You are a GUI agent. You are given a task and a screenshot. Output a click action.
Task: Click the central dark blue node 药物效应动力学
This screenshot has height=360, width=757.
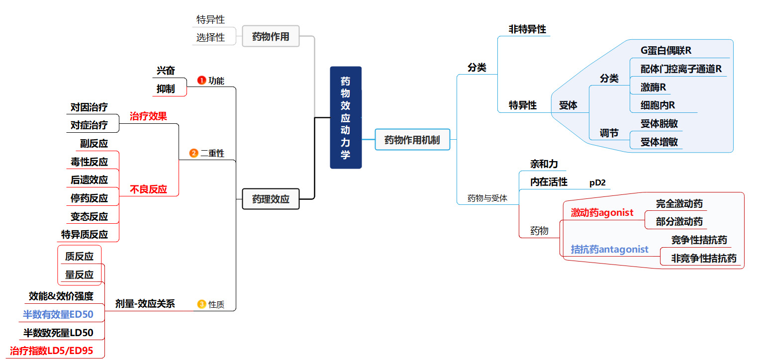pos(346,118)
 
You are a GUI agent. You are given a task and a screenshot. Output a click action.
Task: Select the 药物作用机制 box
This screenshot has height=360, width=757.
pos(412,140)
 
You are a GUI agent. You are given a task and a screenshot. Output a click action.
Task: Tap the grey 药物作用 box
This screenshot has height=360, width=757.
pos(271,36)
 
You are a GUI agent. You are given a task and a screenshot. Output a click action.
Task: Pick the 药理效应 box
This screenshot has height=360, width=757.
pos(271,199)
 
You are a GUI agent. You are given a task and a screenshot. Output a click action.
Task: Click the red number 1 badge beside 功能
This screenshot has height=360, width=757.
pos(201,80)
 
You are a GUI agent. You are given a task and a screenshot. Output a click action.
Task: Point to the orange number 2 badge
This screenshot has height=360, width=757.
pos(194,153)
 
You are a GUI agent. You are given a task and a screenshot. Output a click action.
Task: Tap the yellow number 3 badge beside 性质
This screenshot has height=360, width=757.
pos(201,304)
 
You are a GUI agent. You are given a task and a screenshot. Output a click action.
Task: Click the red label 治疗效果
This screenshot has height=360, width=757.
pos(148,116)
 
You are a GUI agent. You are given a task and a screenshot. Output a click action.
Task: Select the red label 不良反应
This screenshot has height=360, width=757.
pos(148,189)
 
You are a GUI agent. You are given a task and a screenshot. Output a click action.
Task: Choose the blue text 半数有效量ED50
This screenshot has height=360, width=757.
pos(58,314)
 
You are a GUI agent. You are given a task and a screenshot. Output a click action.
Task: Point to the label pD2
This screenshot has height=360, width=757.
pos(597,182)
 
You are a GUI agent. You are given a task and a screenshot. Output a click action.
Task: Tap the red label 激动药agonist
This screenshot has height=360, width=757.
pos(602,213)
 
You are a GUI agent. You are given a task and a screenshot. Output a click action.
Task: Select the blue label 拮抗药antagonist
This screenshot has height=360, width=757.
pos(609,249)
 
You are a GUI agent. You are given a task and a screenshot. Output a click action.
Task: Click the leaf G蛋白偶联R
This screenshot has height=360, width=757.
pos(666,51)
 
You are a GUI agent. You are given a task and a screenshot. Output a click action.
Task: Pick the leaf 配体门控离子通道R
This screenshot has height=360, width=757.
pos(681,69)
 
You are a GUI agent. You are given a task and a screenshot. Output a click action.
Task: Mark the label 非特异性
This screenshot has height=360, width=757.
pos(527,29)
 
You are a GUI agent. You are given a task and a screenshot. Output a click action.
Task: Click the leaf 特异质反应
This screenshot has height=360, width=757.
pos(85,234)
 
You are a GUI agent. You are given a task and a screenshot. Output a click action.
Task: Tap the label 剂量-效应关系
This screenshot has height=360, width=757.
pos(145,304)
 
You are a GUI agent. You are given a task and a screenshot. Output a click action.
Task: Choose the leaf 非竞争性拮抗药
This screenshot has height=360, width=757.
pos(703,259)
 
